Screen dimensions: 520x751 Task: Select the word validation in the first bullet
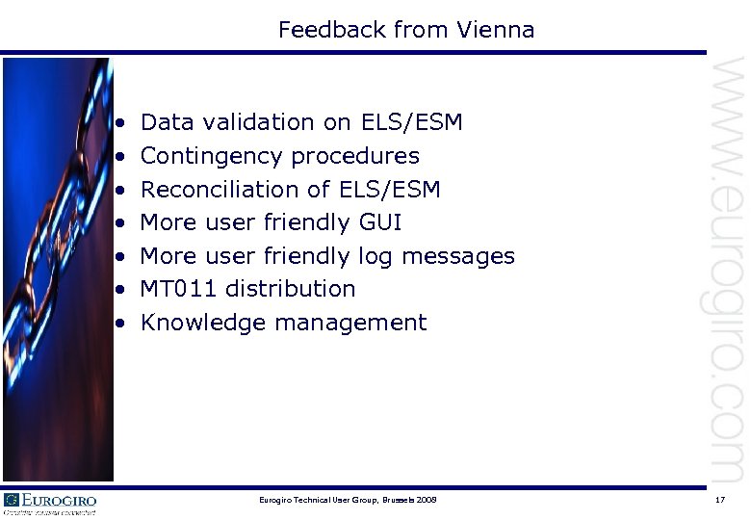[252, 122]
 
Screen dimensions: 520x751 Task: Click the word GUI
[379, 222]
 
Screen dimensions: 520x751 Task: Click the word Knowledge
[204, 323]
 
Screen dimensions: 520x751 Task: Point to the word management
[350, 323]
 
